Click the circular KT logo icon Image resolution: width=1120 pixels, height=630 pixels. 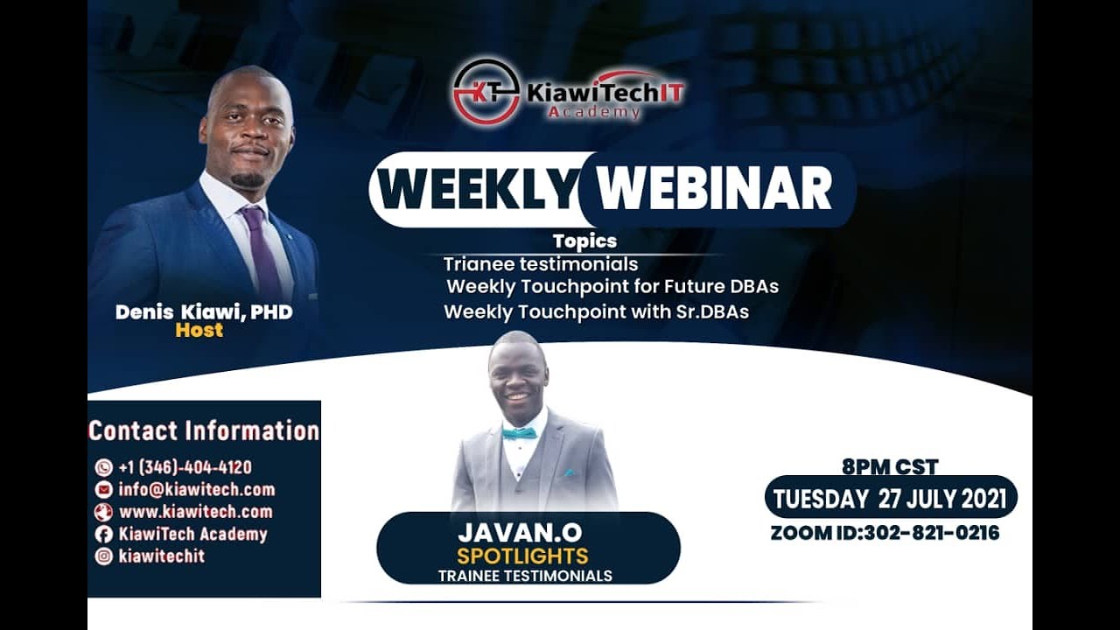[x=486, y=92]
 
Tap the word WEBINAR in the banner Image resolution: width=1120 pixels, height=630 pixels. [x=714, y=189]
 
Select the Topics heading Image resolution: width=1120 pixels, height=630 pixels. [x=584, y=241]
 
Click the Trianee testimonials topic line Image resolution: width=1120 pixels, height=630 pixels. [x=541, y=263]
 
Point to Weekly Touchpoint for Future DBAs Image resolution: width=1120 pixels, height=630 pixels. [x=612, y=286]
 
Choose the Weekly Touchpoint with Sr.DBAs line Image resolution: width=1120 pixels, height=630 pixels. [x=597, y=311]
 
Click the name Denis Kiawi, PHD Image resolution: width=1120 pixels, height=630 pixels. [x=204, y=311]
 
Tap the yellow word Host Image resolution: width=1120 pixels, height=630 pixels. [x=199, y=331]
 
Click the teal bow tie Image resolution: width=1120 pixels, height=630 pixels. [x=519, y=433]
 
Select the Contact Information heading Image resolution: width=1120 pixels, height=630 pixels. [x=204, y=430]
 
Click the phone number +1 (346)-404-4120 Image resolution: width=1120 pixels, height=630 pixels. [x=185, y=467]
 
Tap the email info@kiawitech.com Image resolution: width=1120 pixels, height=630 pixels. [x=197, y=489]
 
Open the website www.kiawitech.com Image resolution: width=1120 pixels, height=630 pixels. [x=195, y=511]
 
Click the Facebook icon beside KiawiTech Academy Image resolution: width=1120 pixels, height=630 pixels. [x=104, y=534]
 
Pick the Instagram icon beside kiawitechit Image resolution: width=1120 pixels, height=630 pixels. [x=104, y=556]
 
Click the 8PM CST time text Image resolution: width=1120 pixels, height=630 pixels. [x=890, y=467]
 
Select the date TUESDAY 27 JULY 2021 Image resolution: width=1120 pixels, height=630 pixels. [x=890, y=499]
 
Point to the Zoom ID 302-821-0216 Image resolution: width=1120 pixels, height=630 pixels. [x=885, y=532]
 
